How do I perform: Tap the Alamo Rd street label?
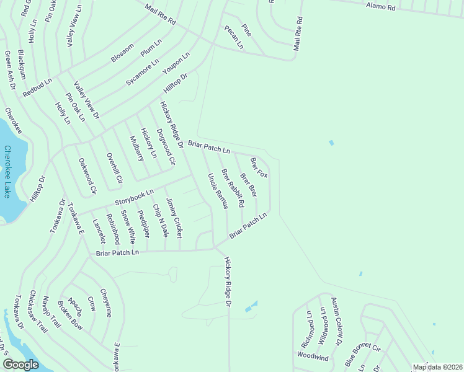[380, 7]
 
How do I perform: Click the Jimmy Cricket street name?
[174, 218]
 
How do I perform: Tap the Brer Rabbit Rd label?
[233, 188]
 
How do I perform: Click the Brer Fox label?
[259, 167]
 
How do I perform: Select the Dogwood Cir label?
[166, 143]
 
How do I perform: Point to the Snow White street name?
[128, 226]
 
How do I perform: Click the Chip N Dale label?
[160, 220]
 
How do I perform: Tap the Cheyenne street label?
[107, 305]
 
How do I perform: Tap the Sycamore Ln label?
[143, 72]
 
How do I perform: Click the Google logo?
[20, 365]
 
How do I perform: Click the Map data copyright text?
[437, 367]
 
